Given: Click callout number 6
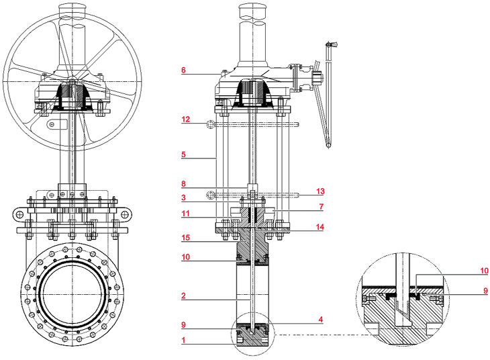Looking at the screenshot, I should (183, 69).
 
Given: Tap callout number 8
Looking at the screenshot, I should (183, 183).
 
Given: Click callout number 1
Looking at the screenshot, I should (183, 341).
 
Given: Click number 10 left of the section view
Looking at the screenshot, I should (185, 257).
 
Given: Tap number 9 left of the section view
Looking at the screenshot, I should (183, 324).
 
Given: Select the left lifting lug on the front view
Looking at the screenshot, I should (17, 213).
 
